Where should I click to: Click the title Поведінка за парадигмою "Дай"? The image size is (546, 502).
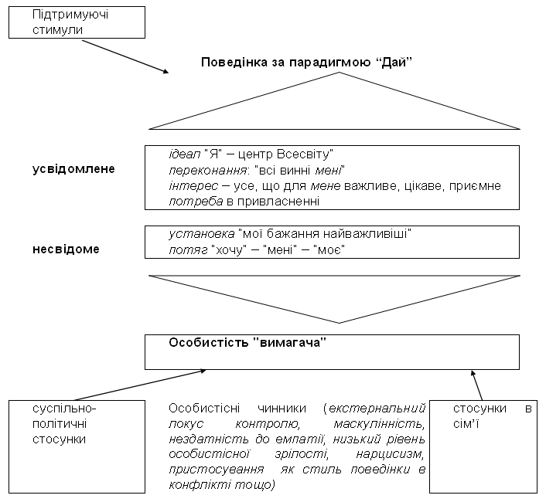click(307, 63)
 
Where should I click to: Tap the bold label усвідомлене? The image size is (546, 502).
click(73, 169)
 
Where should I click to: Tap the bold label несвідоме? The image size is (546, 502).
click(66, 249)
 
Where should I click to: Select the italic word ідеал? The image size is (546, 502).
click(185, 154)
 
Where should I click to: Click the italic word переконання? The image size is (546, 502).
click(207, 171)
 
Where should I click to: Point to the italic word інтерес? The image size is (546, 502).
click(193, 186)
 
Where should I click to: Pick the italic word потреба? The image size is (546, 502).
click(196, 202)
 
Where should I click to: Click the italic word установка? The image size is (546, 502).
click(202, 234)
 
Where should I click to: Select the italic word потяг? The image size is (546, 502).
click(188, 249)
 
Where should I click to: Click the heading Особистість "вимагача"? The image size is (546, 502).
click(247, 343)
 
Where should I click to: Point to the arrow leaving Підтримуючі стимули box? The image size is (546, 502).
click(125, 56)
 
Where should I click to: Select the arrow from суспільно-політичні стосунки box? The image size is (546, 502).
click(140, 385)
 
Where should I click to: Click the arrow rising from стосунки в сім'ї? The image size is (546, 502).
click(476, 385)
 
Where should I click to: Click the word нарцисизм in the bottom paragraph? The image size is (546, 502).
click(390, 454)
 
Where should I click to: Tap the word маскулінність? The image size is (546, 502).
click(379, 424)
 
